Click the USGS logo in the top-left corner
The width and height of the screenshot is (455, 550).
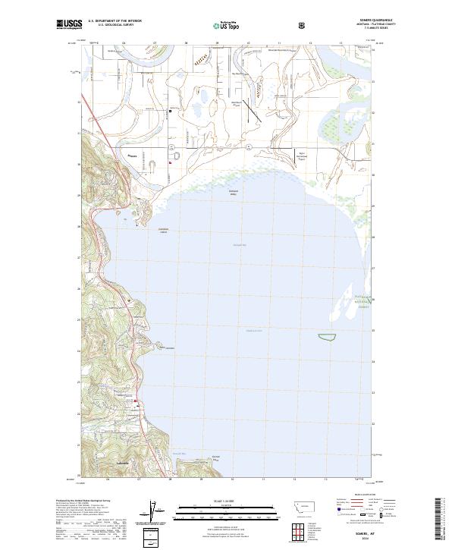(67, 25)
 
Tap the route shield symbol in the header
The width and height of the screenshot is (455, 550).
(303, 25)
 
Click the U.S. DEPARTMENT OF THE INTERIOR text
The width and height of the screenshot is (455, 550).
(111, 21)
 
